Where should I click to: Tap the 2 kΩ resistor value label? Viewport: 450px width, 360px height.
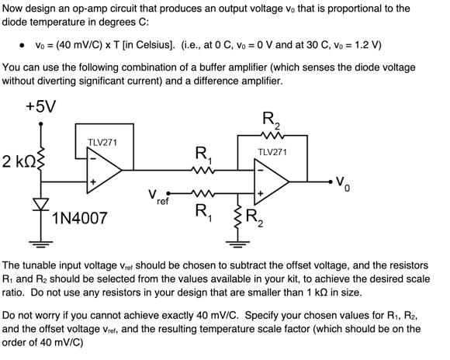point(17,162)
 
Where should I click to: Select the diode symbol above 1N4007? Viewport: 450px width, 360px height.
point(42,204)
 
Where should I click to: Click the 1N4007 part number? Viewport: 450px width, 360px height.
point(79,218)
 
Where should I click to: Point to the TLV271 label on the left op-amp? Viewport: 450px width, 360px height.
point(102,142)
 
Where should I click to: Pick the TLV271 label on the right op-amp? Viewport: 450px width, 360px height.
point(273,152)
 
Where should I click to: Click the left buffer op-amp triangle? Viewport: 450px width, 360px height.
point(103,168)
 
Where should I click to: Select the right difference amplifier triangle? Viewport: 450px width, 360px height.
point(272,183)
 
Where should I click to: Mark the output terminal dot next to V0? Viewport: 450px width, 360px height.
point(324,183)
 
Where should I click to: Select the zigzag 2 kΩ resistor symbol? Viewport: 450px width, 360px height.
point(42,161)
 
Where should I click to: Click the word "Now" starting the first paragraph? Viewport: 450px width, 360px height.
point(16,9)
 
